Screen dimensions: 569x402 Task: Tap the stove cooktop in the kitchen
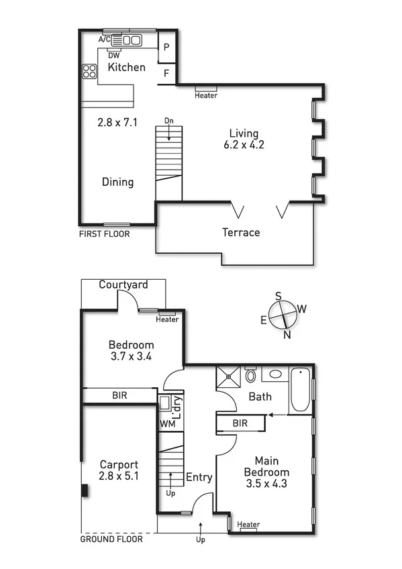[89, 70]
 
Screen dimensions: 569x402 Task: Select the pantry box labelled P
[166, 48]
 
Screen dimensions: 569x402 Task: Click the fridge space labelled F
[166, 73]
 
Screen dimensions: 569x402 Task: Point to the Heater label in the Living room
[206, 95]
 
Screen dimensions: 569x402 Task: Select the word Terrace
[241, 232]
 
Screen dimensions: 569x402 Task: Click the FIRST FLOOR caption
[104, 234]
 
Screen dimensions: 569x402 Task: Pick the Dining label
[117, 182]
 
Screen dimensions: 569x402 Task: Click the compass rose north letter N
[287, 335]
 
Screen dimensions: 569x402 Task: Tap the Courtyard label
[123, 284]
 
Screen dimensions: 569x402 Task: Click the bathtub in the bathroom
[300, 391]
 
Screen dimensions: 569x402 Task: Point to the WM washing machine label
[166, 424]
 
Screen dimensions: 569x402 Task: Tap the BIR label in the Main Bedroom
[240, 424]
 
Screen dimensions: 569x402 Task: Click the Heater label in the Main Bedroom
[248, 525]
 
